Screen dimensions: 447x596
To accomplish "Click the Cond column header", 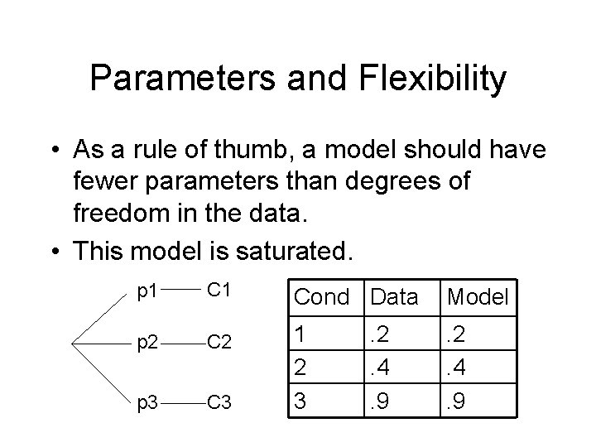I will [x=322, y=297].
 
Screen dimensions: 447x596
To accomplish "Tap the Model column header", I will [x=477, y=297].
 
